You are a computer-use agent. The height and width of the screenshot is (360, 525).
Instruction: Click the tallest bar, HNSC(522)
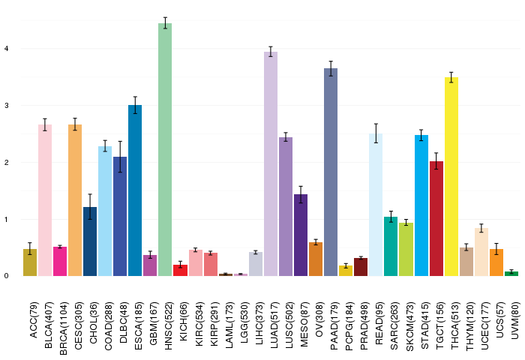pos(165,150)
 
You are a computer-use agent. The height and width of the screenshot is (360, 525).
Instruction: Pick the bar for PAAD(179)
pos(331,172)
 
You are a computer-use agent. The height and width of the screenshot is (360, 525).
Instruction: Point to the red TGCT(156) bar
pos(436,218)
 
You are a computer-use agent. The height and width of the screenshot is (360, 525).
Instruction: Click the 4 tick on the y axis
pos(5,49)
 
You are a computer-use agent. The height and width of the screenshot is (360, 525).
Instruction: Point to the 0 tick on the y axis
pos(5,276)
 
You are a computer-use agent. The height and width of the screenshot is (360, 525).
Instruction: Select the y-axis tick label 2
pos(5,163)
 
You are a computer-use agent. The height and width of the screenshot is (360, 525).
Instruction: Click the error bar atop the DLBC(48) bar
pos(120,157)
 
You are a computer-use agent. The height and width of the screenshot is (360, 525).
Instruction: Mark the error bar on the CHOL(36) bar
pos(90,207)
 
